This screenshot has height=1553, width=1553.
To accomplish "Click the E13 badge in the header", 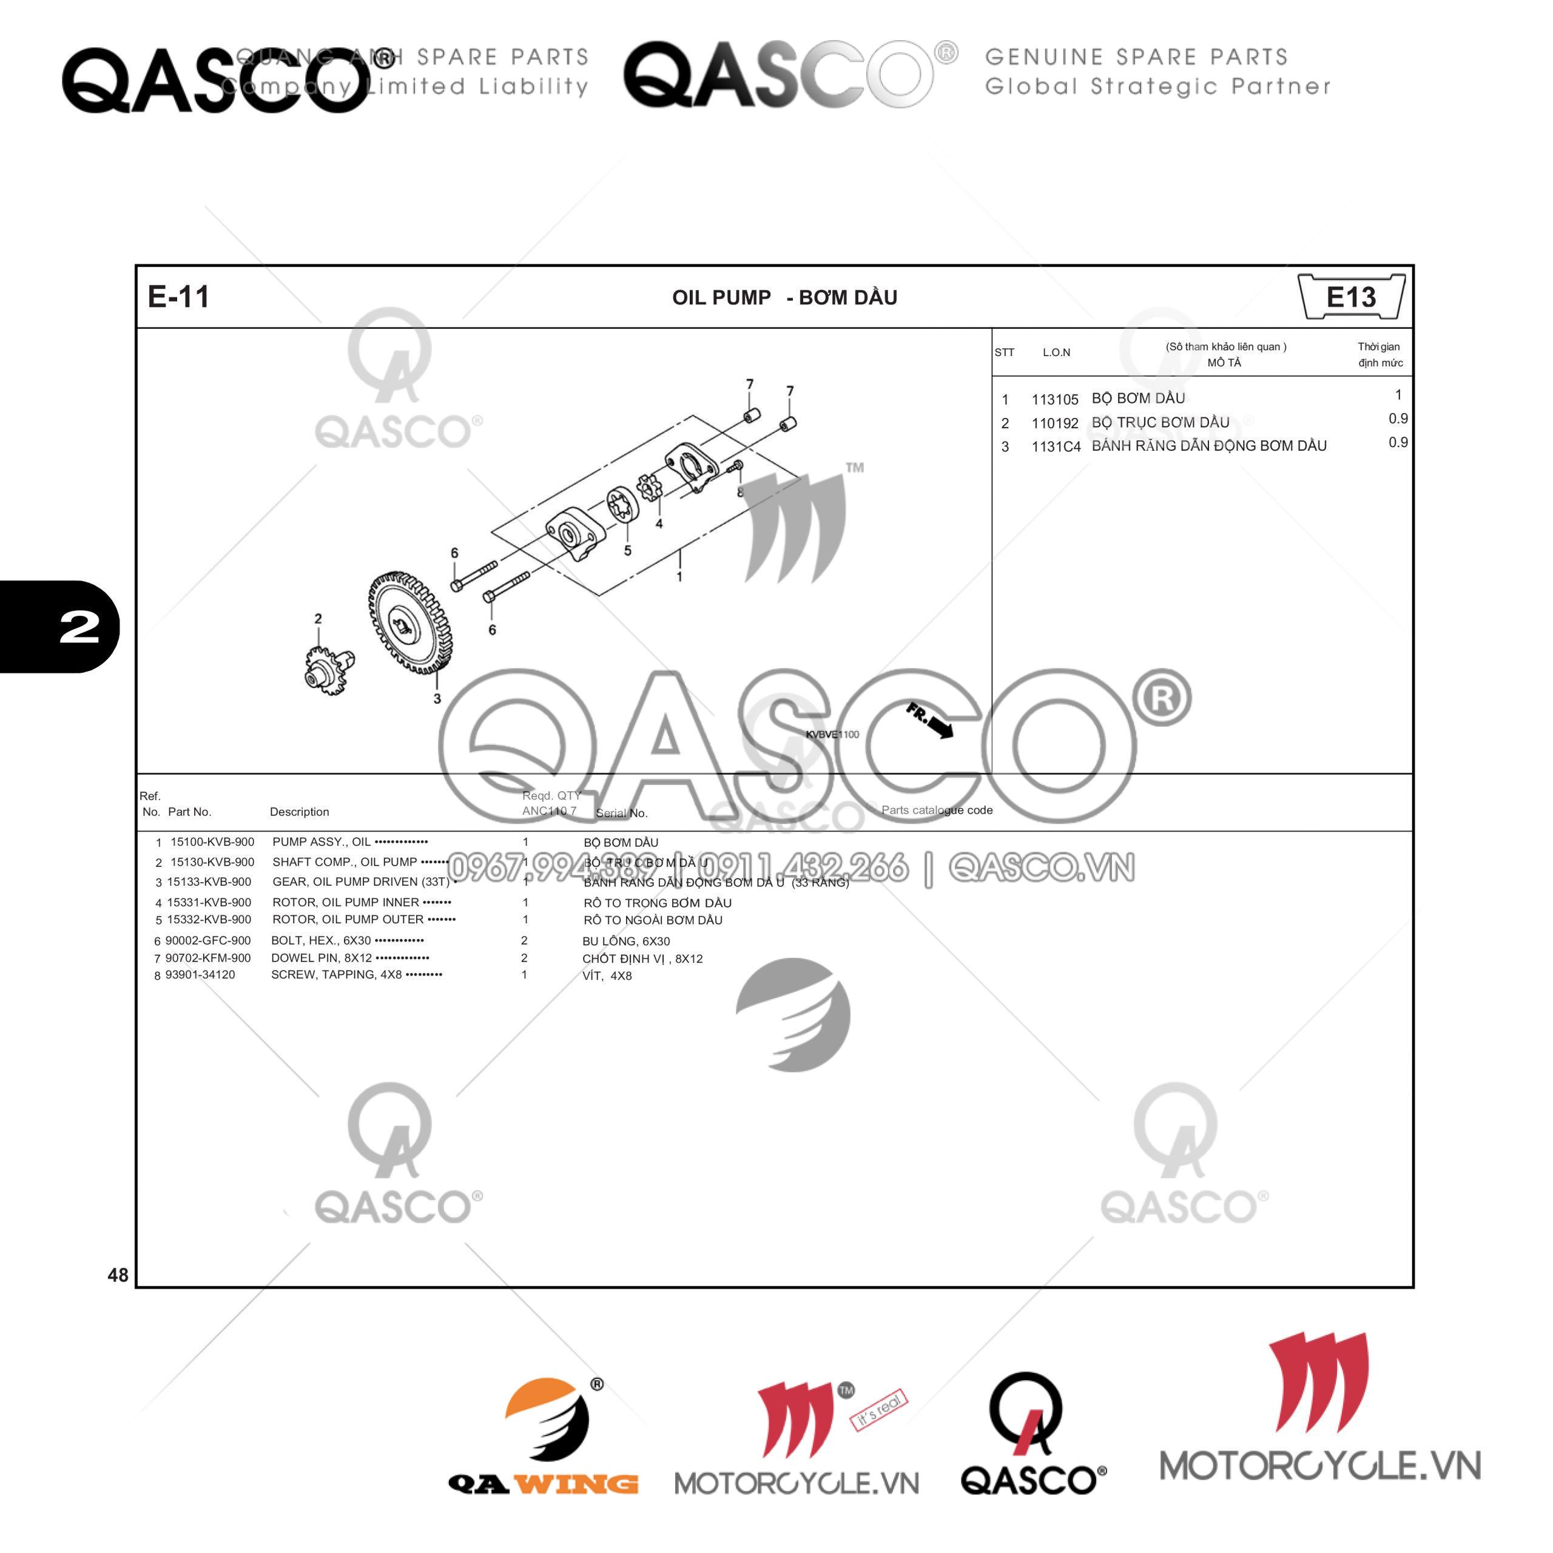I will coord(1350,297).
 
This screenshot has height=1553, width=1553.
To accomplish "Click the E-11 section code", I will coord(178,297).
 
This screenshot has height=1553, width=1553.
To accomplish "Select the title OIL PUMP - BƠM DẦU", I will coord(784,297).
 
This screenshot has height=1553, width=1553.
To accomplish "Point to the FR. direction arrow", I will coord(930,720).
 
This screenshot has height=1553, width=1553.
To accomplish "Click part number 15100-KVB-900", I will coord(212,841).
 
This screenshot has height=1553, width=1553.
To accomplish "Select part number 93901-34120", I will coord(200,974).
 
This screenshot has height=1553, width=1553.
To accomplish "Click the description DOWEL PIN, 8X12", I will coord(322,957).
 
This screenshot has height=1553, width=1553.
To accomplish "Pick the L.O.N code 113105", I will coord(1054,400).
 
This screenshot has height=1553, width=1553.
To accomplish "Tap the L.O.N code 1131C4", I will coord(1056,447).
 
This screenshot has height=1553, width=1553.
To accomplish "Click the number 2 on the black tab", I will coord(79,626).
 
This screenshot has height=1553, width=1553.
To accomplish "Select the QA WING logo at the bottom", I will coord(544,1439).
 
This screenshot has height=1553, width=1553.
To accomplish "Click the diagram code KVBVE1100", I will coord(832,734).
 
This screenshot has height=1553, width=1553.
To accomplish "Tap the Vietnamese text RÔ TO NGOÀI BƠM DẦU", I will coord(653,920).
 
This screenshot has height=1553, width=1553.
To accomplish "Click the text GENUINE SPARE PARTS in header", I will coord(1136,57).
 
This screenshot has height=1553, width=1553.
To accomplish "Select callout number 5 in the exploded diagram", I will coord(628,551).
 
